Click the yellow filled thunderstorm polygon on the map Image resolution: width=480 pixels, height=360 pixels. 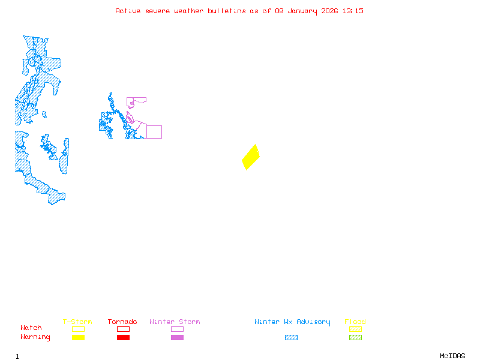pyautogui.click(x=251, y=157)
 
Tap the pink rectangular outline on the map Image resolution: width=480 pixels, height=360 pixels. pyautogui.click(x=154, y=132)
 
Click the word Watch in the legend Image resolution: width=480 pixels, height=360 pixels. pyautogui.click(x=31, y=328)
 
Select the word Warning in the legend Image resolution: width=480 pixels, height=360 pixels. pyautogui.click(x=35, y=337)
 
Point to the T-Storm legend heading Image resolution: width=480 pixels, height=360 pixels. pyautogui.click(x=77, y=322)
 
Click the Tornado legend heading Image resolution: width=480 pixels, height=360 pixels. pyautogui.click(x=122, y=322)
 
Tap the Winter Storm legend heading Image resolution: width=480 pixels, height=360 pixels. pyautogui.click(x=175, y=322)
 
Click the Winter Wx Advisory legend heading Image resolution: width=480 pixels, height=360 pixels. pyautogui.click(x=292, y=322)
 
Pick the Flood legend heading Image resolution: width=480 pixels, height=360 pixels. pyautogui.click(x=355, y=322)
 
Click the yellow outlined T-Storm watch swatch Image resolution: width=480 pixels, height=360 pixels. pyautogui.click(x=78, y=329)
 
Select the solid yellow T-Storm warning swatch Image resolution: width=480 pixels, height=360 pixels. pyautogui.click(x=78, y=337)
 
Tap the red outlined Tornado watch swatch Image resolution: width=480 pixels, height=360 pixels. pyautogui.click(x=123, y=329)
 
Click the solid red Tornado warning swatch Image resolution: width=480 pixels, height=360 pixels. pyautogui.click(x=123, y=337)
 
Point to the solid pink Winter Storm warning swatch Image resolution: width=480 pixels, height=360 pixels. pyautogui.click(x=177, y=337)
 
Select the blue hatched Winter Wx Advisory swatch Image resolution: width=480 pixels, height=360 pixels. pyautogui.click(x=291, y=337)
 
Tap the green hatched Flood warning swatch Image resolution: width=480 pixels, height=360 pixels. pyautogui.click(x=355, y=337)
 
